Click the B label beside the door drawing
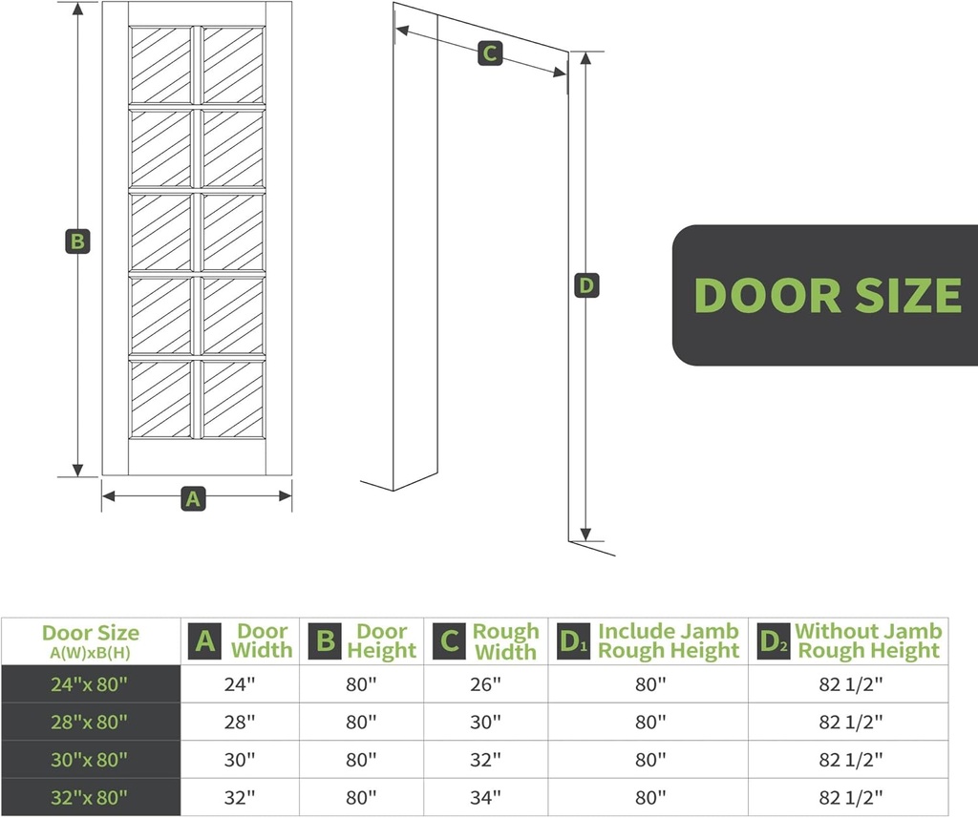(77, 241)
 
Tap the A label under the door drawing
(193, 497)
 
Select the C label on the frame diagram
(489, 53)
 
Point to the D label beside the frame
(586, 284)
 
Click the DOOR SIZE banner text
(827, 295)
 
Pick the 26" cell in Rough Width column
(485, 684)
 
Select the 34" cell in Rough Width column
(485, 797)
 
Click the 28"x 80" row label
(90, 723)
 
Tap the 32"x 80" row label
(90, 797)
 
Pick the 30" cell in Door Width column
(240, 760)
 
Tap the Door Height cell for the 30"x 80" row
(361, 760)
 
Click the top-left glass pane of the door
(160, 64)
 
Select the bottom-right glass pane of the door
(233, 398)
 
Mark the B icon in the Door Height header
(326, 640)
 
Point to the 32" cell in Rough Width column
(485, 760)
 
